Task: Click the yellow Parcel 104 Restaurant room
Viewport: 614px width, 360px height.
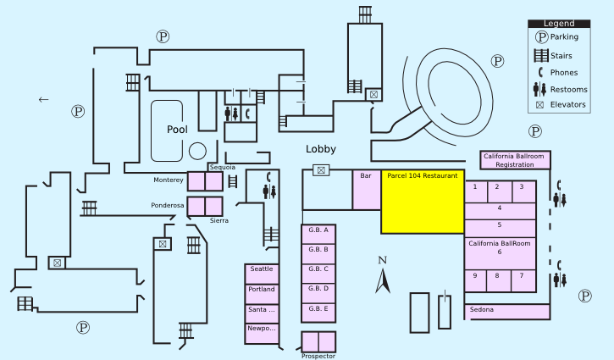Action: [422, 202]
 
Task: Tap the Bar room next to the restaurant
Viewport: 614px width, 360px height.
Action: [366, 190]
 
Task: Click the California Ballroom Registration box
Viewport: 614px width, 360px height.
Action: [515, 160]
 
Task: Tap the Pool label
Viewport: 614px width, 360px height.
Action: [177, 130]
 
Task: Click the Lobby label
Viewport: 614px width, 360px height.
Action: [321, 149]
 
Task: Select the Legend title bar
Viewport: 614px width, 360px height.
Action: [558, 24]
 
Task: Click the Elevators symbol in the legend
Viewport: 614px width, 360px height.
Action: [539, 105]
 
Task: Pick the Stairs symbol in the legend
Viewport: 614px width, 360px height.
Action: [539, 56]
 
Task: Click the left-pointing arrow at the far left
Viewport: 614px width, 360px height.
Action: [44, 100]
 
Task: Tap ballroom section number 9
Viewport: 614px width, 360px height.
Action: [475, 276]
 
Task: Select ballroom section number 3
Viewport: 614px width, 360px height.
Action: [522, 187]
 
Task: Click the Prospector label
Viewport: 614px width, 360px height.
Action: [318, 356]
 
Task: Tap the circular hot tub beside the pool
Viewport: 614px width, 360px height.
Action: [197, 151]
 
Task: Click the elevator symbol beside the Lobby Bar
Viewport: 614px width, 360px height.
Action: [321, 170]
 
